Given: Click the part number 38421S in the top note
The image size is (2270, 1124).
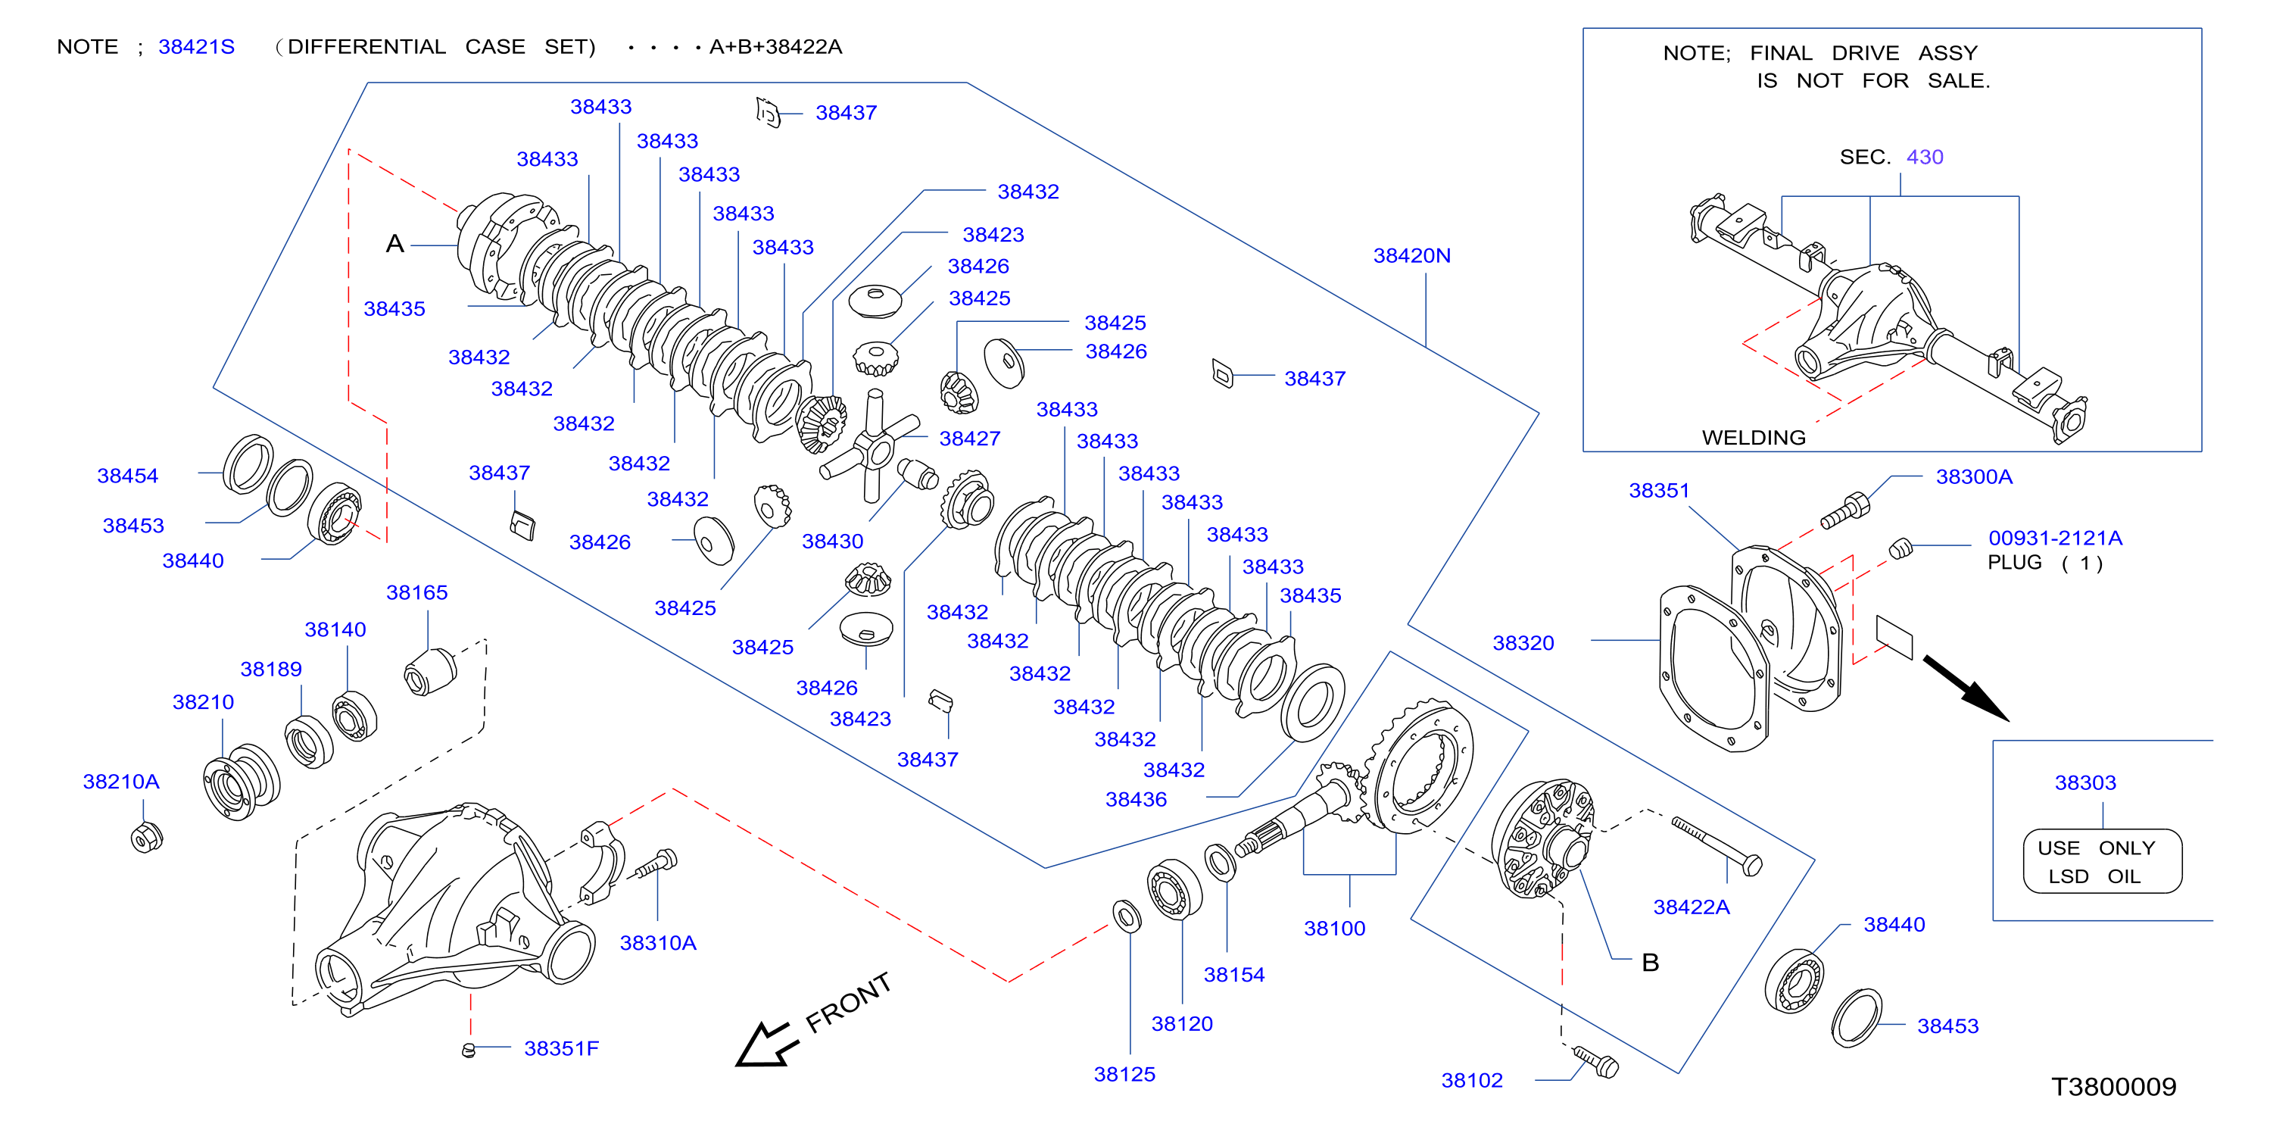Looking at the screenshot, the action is tap(197, 47).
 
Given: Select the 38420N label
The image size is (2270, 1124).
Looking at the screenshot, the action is tap(1411, 256).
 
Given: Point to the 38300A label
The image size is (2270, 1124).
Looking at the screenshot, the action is tap(1974, 477).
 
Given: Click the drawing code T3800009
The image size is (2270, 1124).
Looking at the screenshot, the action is tap(2113, 1086).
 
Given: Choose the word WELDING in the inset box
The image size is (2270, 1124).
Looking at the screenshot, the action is tap(1754, 437).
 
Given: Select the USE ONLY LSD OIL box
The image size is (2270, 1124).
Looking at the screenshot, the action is tap(2103, 861).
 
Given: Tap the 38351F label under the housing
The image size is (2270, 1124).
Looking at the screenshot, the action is tap(561, 1048).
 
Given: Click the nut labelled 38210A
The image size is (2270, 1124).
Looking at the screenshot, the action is tap(146, 837).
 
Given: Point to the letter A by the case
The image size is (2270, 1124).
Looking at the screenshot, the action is tap(394, 244).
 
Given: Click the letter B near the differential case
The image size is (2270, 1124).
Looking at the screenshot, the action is tap(1651, 963).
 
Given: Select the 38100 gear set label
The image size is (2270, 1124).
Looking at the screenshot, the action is tap(1334, 929).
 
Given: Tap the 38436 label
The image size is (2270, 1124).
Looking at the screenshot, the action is tap(1136, 800).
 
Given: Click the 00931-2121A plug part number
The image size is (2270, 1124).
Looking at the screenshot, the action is tap(2055, 538).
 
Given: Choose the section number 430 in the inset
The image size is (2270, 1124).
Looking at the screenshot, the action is tap(1925, 157).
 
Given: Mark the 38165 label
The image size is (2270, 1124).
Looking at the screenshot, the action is tap(416, 592).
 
